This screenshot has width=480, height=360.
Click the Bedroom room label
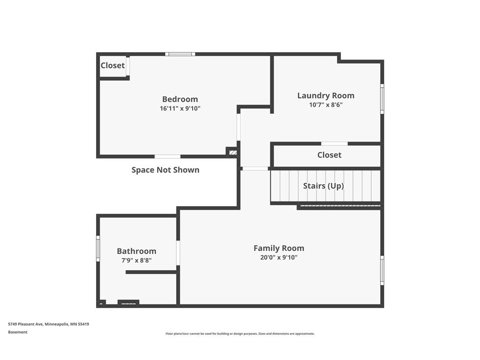pos(180,99)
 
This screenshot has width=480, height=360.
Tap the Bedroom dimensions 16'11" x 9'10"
pos(180,108)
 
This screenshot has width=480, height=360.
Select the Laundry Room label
pos(326,96)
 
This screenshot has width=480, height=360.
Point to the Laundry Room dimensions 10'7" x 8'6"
pos(326,105)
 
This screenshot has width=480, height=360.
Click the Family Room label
pos(279,248)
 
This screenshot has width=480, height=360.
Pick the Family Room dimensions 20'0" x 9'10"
pos(279,257)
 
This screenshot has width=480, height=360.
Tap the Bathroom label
pos(136,251)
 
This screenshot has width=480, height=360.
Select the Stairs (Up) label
pos(323,186)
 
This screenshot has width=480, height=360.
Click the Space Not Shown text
pos(165,170)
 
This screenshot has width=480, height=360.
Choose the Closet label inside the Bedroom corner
pos(112,66)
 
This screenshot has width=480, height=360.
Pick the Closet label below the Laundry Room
pos(329,155)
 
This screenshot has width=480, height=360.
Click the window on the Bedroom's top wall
pos(180,54)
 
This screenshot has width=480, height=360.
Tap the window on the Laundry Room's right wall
pos(382,98)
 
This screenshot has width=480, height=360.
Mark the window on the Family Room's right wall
pos(382,270)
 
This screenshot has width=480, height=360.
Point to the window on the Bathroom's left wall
pos(98,248)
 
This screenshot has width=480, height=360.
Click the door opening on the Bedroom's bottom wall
pos(167,157)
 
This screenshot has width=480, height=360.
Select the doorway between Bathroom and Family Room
pos(178,253)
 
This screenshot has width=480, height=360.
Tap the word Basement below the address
pos(18,332)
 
